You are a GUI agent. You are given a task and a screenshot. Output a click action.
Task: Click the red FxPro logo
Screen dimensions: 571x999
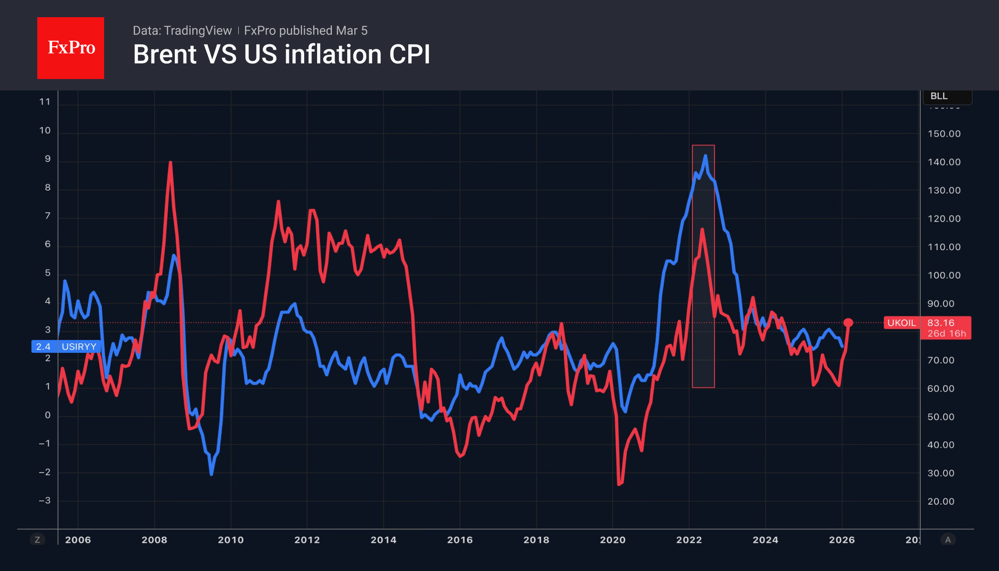[71, 48]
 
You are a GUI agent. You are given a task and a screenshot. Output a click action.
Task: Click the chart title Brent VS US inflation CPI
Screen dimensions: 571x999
[281, 54]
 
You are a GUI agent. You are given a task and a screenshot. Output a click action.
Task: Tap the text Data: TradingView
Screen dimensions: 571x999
[182, 31]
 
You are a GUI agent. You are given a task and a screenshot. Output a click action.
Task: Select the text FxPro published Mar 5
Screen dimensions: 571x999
[306, 31]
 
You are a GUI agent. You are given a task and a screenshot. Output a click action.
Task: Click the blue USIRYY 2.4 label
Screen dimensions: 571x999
[66, 347]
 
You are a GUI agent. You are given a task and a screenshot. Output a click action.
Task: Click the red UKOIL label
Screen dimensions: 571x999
[901, 323]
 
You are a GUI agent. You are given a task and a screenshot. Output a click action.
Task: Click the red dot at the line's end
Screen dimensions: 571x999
[848, 323]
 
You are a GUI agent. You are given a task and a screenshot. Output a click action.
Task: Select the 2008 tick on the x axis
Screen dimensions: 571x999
[154, 540]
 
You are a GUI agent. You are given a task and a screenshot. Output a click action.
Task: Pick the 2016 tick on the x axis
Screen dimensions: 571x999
[460, 540]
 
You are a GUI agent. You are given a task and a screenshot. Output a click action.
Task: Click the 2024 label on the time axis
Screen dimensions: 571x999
[765, 540]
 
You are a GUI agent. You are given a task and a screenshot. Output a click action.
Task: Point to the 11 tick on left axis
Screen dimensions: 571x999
[45, 102]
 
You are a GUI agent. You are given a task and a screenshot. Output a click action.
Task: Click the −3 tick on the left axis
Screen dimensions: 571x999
[45, 501]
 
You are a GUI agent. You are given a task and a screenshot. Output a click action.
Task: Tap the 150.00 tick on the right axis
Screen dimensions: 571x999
[944, 134]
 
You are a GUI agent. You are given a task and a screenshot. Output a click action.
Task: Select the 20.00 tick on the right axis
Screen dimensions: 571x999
[941, 501]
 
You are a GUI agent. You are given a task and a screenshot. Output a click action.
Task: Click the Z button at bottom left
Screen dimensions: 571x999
[37, 540]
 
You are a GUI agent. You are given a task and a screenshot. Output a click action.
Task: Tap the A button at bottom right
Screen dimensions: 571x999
[948, 540]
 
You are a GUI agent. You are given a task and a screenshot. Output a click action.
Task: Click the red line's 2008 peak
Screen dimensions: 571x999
[170, 163]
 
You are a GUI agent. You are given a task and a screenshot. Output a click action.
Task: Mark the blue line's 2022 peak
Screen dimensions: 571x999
[705, 156]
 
